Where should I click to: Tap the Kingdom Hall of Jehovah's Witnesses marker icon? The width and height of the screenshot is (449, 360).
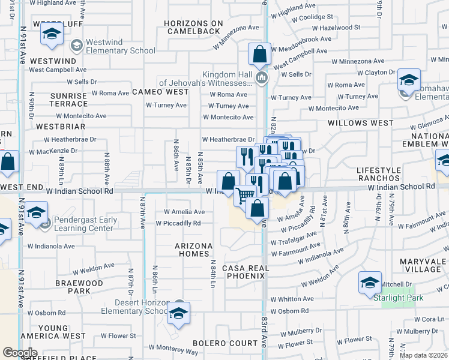tap(261, 79)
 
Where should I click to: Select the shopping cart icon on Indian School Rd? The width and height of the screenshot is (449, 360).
tap(245, 195)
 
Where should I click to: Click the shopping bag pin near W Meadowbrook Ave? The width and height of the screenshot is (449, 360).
tap(259, 55)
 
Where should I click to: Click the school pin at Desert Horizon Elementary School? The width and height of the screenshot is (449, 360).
tap(178, 313)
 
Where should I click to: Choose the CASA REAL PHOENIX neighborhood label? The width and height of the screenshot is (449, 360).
tap(244, 272)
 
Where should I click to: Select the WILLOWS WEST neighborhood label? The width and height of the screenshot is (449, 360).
tap(360, 123)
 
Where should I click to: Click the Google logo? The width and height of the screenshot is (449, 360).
tap(20, 353)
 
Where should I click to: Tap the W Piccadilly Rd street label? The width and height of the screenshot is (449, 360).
tap(178, 223)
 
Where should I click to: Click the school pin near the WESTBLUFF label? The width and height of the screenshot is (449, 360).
tap(52, 37)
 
